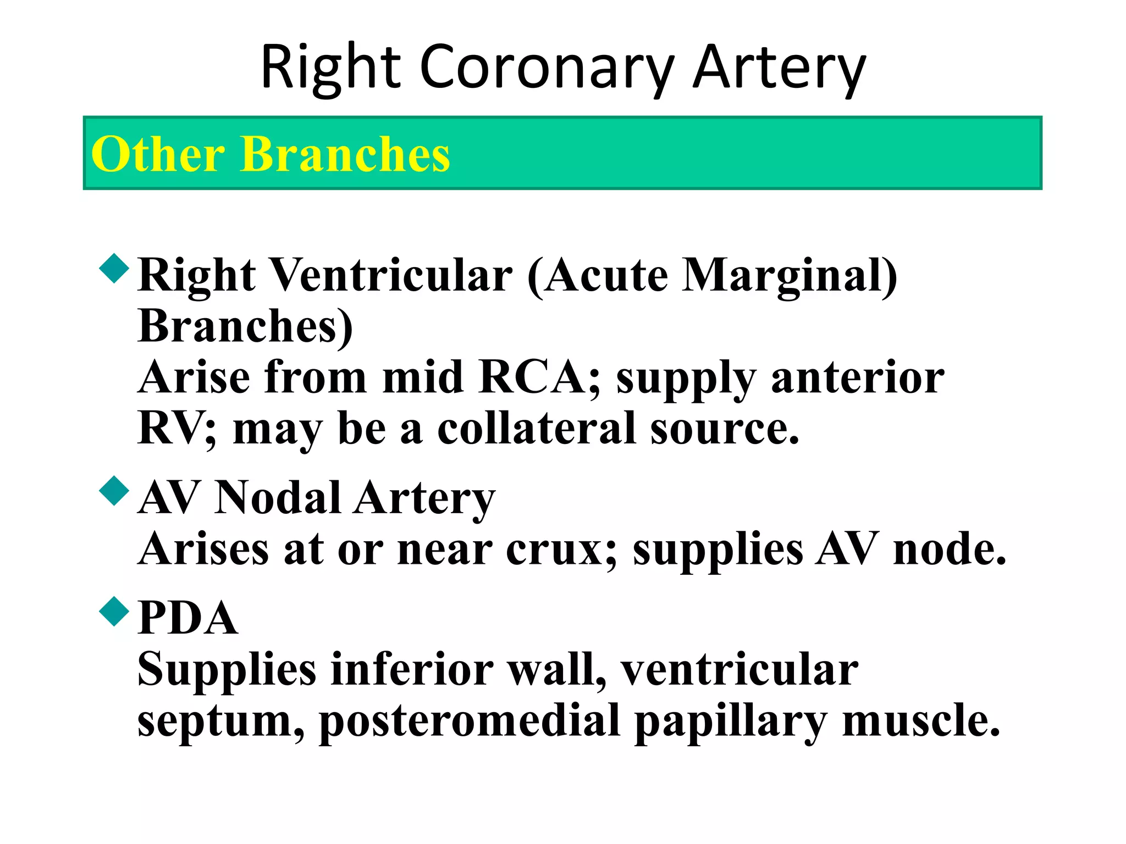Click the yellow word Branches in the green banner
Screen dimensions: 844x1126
(x=345, y=154)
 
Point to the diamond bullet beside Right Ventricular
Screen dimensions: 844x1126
(x=114, y=268)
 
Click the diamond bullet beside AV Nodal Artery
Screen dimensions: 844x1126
(x=114, y=490)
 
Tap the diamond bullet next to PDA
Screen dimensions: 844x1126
(x=114, y=611)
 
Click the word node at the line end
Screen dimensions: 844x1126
(x=949, y=549)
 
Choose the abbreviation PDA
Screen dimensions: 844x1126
(x=187, y=618)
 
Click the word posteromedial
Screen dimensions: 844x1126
(x=470, y=720)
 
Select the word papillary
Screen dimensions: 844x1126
(x=730, y=720)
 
